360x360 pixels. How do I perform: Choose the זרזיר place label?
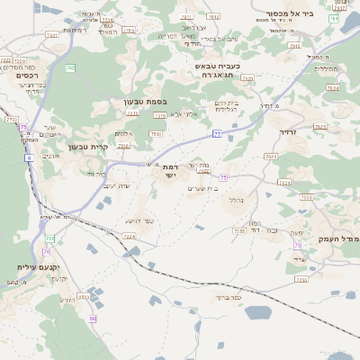tap(286, 132)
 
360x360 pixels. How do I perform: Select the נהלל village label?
tap(238, 200)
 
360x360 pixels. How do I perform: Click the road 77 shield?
tap(217, 134)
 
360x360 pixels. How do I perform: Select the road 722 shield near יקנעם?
tap(50, 238)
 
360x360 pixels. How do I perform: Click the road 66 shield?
tap(93, 319)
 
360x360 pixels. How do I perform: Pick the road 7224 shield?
tap(129, 237)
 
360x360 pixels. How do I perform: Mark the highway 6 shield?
tap(28, 157)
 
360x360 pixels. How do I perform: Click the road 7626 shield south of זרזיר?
tap(284, 183)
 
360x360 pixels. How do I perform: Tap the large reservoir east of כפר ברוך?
tap(257, 313)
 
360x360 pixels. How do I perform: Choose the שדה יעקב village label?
tap(117, 186)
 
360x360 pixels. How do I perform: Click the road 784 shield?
tap(334, 18)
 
